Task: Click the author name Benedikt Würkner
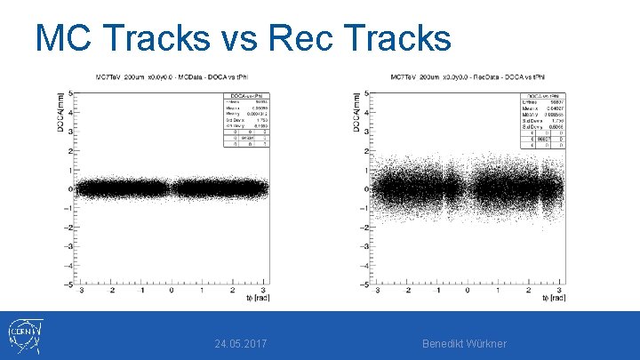(x=464, y=343)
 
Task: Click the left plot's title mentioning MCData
(x=169, y=78)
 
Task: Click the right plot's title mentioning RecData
(x=464, y=78)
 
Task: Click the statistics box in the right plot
(x=543, y=119)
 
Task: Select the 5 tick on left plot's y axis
(x=72, y=93)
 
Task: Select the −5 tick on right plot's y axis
(x=365, y=284)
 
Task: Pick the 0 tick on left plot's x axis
(x=172, y=291)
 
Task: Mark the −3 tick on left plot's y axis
(x=70, y=246)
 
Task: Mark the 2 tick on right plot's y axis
(x=367, y=151)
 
